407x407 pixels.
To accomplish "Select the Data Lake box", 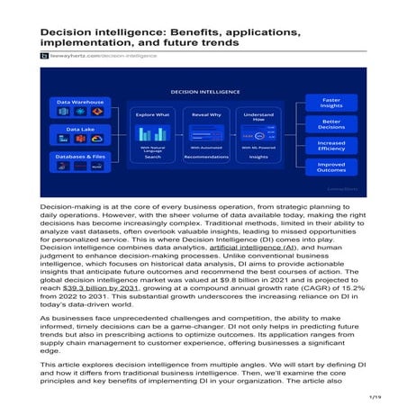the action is [79, 135].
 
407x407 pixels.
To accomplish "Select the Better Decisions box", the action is [331, 123].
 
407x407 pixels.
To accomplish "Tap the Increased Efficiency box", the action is [331, 146].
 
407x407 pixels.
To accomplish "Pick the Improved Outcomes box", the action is [331, 168].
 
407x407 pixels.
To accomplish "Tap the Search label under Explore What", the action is [152, 157].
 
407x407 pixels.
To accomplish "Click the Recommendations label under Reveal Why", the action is [206, 157].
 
